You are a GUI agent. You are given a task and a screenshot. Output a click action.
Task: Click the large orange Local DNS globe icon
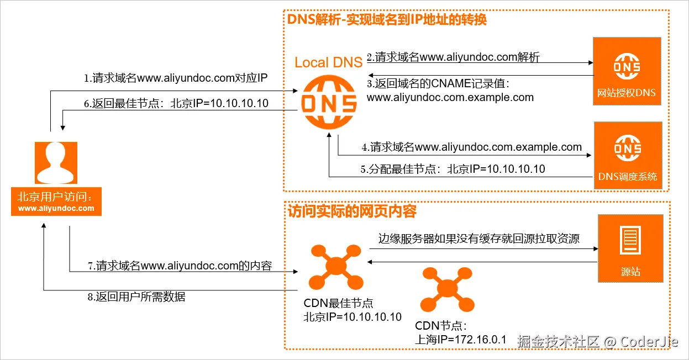[328, 102]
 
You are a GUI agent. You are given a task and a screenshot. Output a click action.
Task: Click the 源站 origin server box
[630, 248]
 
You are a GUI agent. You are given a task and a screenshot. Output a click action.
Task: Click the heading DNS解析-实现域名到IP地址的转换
[387, 20]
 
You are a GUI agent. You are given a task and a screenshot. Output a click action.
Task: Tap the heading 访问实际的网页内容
[352, 211]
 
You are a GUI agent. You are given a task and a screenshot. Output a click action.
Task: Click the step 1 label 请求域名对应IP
[176, 78]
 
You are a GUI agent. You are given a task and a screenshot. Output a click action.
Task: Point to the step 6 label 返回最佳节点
[176, 103]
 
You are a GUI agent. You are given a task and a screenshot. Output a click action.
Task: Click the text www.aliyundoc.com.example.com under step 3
[450, 97]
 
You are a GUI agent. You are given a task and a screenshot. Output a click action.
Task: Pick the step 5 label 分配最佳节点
[453, 169]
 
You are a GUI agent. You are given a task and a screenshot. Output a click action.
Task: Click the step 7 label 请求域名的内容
[180, 266]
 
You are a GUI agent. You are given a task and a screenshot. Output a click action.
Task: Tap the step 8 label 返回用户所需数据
[136, 297]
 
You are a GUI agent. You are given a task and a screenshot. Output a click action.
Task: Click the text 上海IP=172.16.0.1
[460, 340]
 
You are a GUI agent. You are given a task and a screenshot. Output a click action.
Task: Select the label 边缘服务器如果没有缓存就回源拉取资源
[478, 239]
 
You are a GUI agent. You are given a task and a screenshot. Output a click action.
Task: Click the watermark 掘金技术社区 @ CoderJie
[597, 341]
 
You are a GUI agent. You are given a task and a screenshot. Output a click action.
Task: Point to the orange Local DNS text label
[328, 62]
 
